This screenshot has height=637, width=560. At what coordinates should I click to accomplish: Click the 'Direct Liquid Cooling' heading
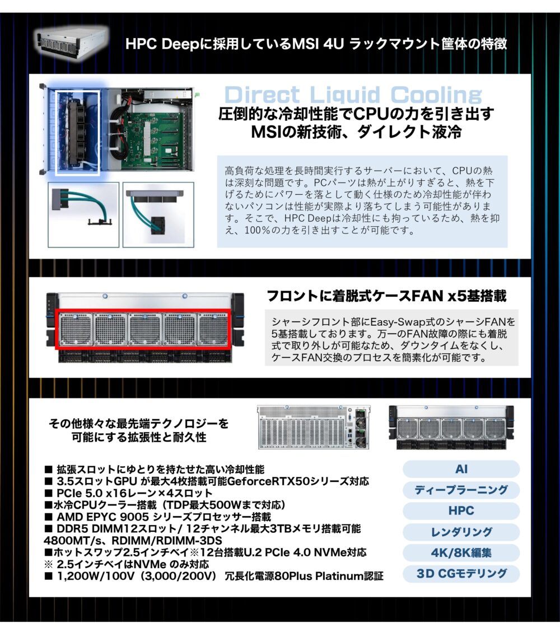353,95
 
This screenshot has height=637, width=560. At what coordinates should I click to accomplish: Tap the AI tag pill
461,469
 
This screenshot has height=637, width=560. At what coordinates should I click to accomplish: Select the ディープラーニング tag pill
461,490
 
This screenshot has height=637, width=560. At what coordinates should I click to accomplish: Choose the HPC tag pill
461,510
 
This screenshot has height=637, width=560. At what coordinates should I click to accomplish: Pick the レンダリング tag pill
461,532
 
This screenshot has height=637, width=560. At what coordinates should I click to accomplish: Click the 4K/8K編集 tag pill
461,553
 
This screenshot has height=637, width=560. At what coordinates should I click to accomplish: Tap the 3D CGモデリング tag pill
461,574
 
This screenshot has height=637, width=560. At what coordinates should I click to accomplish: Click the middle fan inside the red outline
145,330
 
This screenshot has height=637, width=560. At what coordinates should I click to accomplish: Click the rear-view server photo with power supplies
314,427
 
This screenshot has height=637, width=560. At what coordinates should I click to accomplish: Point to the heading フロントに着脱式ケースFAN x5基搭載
386,296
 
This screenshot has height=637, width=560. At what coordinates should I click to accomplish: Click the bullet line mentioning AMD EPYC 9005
158,517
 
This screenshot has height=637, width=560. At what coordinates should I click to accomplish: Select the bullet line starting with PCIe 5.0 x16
129,493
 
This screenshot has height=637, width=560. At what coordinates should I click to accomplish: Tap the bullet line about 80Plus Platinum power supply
214,576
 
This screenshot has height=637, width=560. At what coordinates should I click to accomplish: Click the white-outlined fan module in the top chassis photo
78,133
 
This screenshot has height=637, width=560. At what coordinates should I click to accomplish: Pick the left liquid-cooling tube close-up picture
83,214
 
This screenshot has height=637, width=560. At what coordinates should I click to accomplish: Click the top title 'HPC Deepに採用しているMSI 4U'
316,44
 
